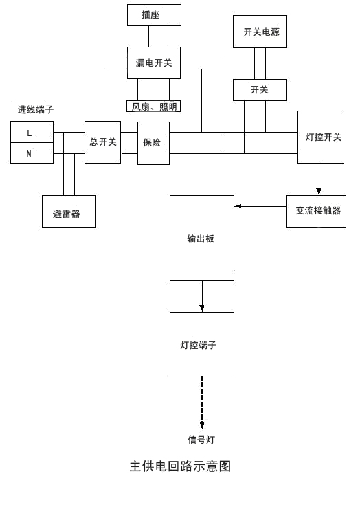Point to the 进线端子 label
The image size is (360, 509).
[36, 110]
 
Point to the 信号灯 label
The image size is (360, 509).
[201, 440]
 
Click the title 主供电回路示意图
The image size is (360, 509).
[180, 466]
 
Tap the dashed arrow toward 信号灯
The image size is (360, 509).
[202, 403]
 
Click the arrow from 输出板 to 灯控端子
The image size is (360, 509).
[202, 296]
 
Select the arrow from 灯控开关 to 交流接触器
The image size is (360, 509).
[319, 179]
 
